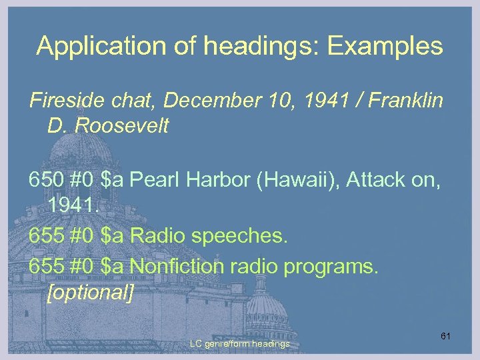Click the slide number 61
[445, 336]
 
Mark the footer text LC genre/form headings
[239, 343]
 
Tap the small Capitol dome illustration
[267, 313]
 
